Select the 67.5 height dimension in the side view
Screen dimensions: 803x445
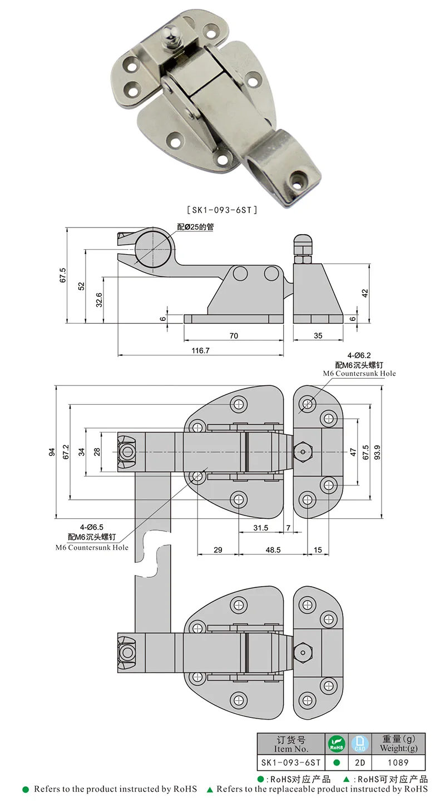62,275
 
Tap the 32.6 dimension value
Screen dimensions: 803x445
99,300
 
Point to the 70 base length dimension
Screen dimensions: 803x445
234,335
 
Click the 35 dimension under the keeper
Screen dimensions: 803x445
318,335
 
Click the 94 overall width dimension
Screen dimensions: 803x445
52,452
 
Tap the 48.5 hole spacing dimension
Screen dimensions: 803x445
273,549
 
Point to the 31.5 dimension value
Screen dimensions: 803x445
260,528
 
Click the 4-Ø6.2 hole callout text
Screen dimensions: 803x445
359,354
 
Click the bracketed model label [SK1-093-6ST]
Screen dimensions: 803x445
221,210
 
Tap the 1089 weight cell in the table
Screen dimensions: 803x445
398,762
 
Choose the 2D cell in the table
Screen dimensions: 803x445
359,762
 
